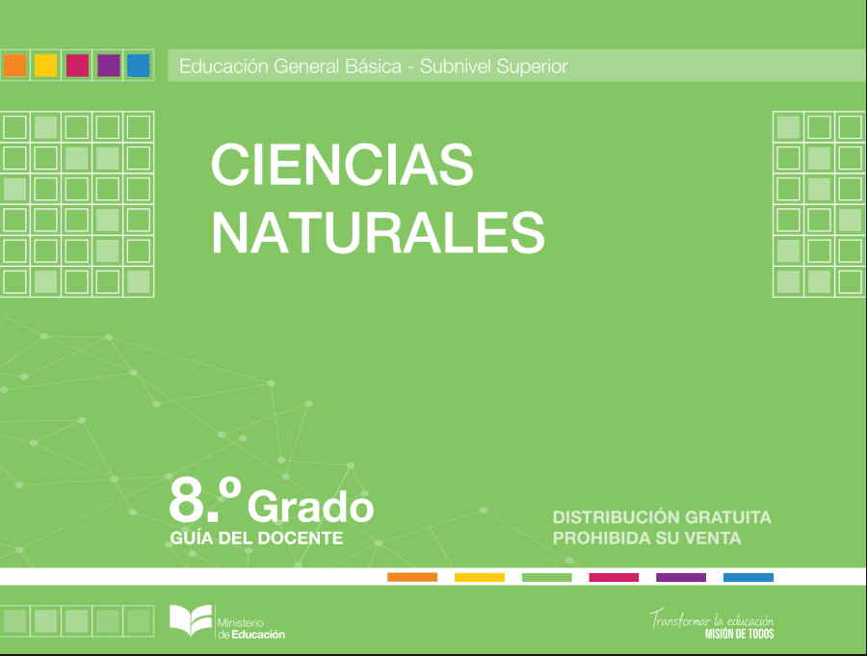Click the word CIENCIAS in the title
point(342,165)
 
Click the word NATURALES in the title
point(379,232)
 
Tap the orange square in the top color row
point(14,66)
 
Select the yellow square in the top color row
point(46,66)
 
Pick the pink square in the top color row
point(77,66)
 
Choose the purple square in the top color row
point(108,66)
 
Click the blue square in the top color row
point(138,66)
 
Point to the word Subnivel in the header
point(455,66)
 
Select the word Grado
point(311,506)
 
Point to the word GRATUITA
point(728,517)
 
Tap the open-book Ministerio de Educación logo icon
point(191,619)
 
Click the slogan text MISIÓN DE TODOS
point(739,634)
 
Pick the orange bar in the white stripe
point(412,577)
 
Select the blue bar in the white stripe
point(749,577)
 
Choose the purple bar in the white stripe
point(681,577)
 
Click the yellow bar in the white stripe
point(480,577)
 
